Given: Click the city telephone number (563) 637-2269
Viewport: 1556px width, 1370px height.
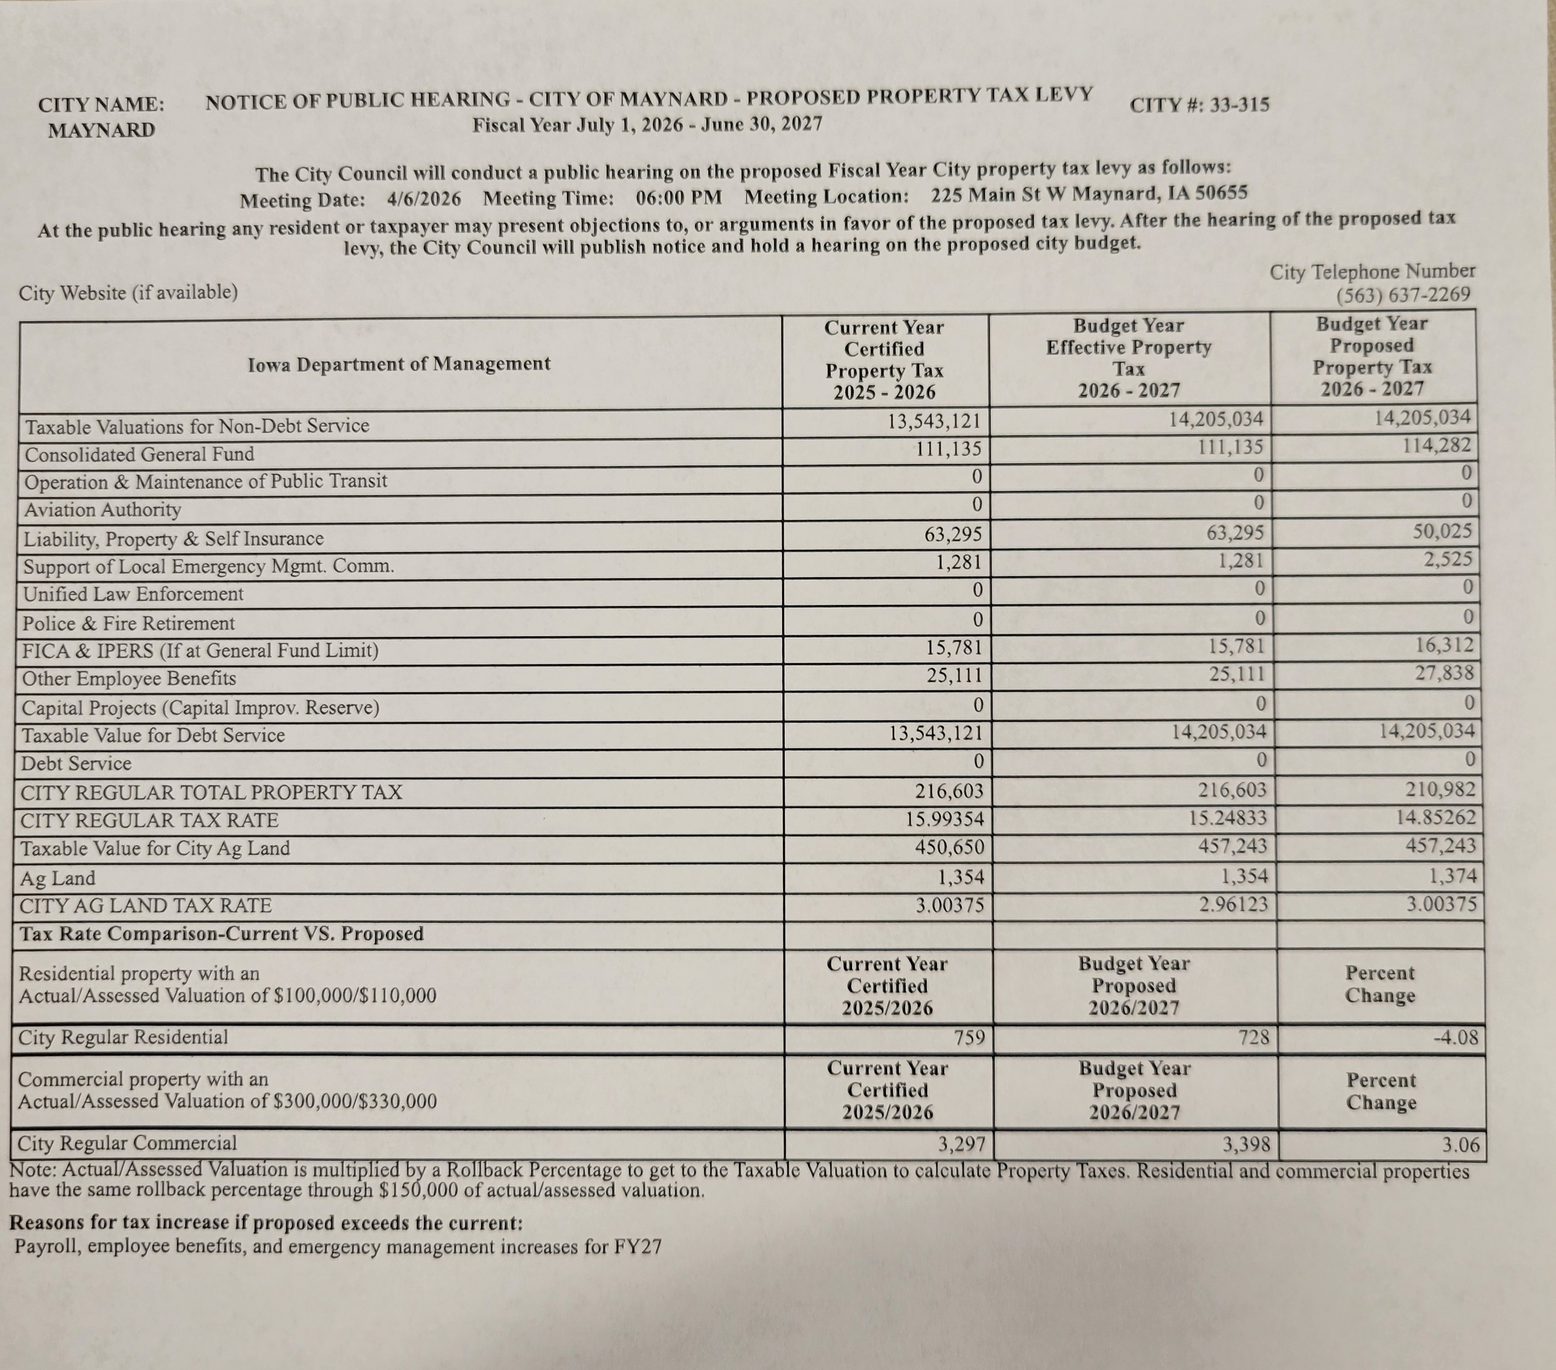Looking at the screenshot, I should coord(1403,295).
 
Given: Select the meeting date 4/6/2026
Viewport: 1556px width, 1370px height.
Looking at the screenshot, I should coord(424,200).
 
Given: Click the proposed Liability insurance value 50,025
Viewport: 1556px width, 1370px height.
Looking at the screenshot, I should coord(1442,530).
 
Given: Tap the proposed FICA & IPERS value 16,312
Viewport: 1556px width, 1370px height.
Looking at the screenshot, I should coord(1444,646).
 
